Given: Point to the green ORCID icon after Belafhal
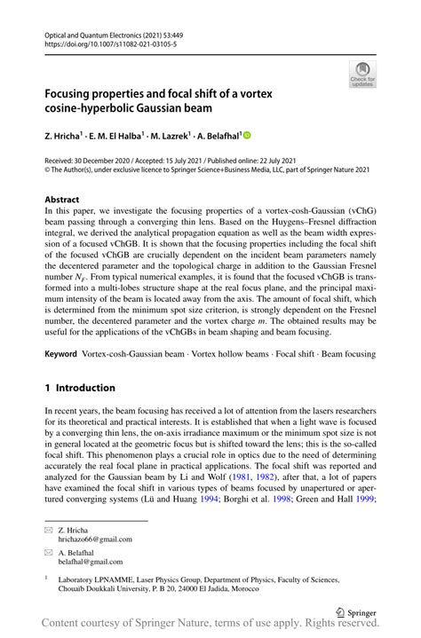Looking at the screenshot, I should (247, 134).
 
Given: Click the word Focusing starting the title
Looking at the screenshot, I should (76, 91).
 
